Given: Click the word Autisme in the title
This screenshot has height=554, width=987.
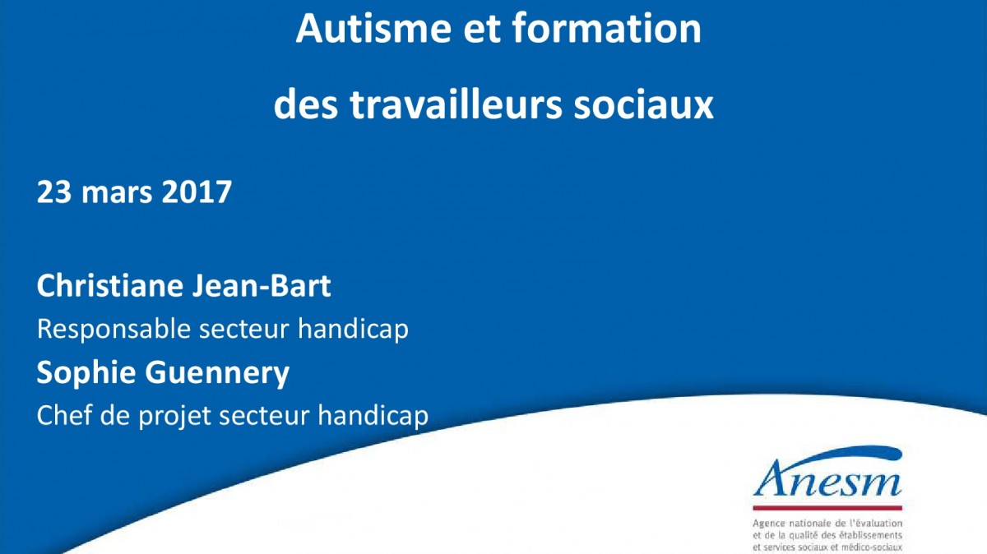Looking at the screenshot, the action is [x=373, y=28].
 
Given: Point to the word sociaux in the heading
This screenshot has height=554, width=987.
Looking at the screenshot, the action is [x=644, y=106].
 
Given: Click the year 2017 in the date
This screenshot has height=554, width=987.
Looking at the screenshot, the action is [x=197, y=192].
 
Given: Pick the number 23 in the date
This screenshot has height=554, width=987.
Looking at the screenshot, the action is [x=54, y=192].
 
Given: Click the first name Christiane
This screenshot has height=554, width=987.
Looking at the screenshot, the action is [x=110, y=286].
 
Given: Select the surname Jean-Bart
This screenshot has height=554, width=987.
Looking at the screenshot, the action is [x=262, y=286].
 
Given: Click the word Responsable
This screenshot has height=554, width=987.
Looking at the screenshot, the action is [x=114, y=330].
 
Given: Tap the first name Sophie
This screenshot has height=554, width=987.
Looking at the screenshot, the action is [x=86, y=372].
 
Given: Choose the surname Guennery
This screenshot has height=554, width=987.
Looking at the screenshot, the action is [x=217, y=374].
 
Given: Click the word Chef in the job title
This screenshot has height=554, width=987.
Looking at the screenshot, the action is [x=64, y=415].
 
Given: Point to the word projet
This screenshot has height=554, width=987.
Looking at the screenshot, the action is [x=175, y=417].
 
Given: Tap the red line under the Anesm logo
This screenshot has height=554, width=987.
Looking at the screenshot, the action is [x=827, y=508].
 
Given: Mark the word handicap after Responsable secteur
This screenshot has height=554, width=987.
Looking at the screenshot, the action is [x=354, y=329].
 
